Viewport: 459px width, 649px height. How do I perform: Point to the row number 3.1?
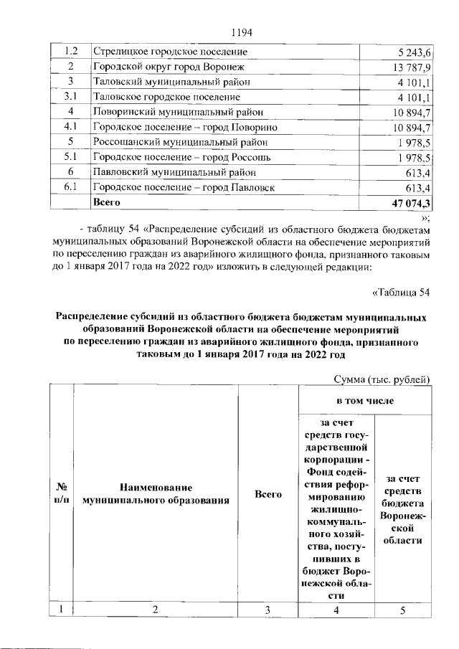pos(71,97)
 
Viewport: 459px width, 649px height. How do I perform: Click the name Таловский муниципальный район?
pos(171,82)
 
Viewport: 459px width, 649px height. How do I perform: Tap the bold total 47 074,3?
pos(409,204)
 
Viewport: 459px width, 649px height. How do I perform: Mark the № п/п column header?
pos(62,493)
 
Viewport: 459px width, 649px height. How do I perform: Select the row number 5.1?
pos(71,158)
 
